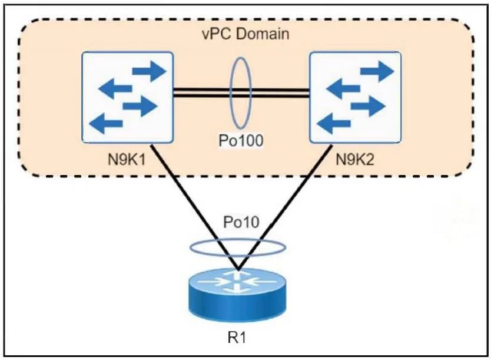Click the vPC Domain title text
[245, 34]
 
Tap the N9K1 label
[127, 160]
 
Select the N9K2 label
[355, 160]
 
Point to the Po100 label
[241, 140]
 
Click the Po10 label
[241, 222]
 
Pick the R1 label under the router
[237, 338]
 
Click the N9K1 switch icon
[127, 97]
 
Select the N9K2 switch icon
[355, 97]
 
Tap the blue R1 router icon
[237, 295]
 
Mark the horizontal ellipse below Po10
[238, 240]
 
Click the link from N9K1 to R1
[194, 207]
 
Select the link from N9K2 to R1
[285, 207]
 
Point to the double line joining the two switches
[241, 93]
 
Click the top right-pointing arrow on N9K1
[149, 71]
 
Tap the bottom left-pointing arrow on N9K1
[106, 124]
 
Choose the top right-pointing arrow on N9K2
[377, 71]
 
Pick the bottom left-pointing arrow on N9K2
[334, 124]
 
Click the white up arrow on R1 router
[237, 276]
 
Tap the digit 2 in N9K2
[370, 160]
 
